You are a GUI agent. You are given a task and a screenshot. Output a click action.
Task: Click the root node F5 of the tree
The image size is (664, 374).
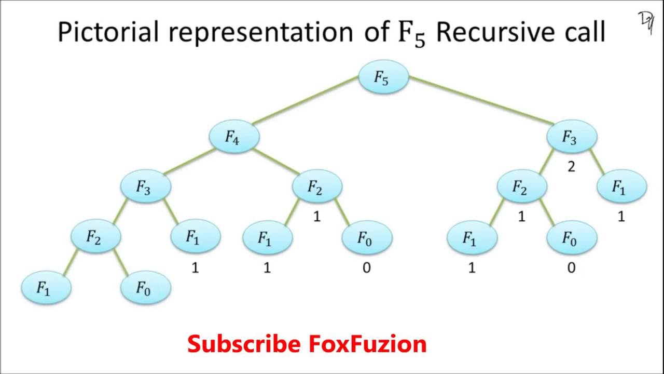tap(383, 77)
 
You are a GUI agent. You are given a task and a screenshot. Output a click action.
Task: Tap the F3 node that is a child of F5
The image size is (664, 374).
tap(572, 137)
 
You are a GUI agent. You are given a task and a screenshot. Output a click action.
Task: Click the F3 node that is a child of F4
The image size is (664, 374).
tap(146, 186)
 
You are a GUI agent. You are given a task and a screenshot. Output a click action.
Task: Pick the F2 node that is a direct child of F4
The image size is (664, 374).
tap(317, 186)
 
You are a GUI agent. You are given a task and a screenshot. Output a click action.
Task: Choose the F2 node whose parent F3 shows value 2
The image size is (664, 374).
tap(521, 186)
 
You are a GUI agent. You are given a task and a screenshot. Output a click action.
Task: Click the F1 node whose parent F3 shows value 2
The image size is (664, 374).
tap(621, 186)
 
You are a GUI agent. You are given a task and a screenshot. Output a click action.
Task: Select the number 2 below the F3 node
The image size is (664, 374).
tap(571, 167)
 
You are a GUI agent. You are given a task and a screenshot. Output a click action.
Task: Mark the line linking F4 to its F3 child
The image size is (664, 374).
tap(189, 161)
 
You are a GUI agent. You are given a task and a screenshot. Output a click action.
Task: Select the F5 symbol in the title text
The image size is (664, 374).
tap(407, 34)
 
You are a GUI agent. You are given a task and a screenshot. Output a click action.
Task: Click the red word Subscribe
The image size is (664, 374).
tap(244, 344)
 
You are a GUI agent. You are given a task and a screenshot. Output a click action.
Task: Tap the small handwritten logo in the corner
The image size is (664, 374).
tap(646, 22)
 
